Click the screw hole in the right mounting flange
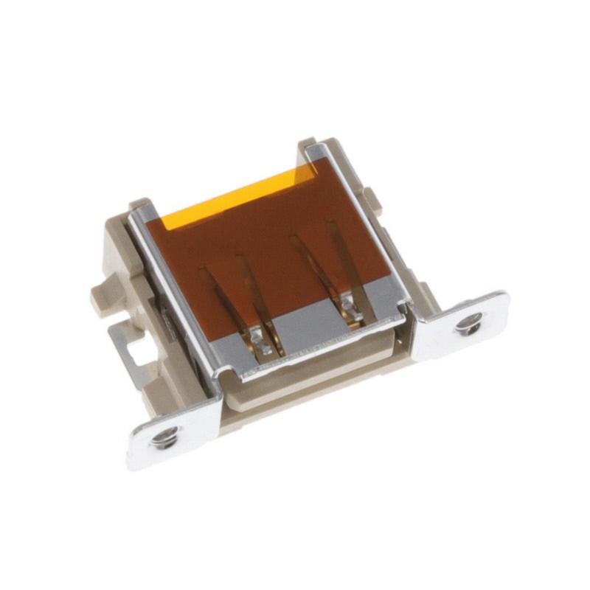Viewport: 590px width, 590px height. point(469,322)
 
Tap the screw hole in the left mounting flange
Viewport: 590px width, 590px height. point(162,440)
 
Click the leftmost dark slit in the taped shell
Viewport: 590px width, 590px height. point(212,295)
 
